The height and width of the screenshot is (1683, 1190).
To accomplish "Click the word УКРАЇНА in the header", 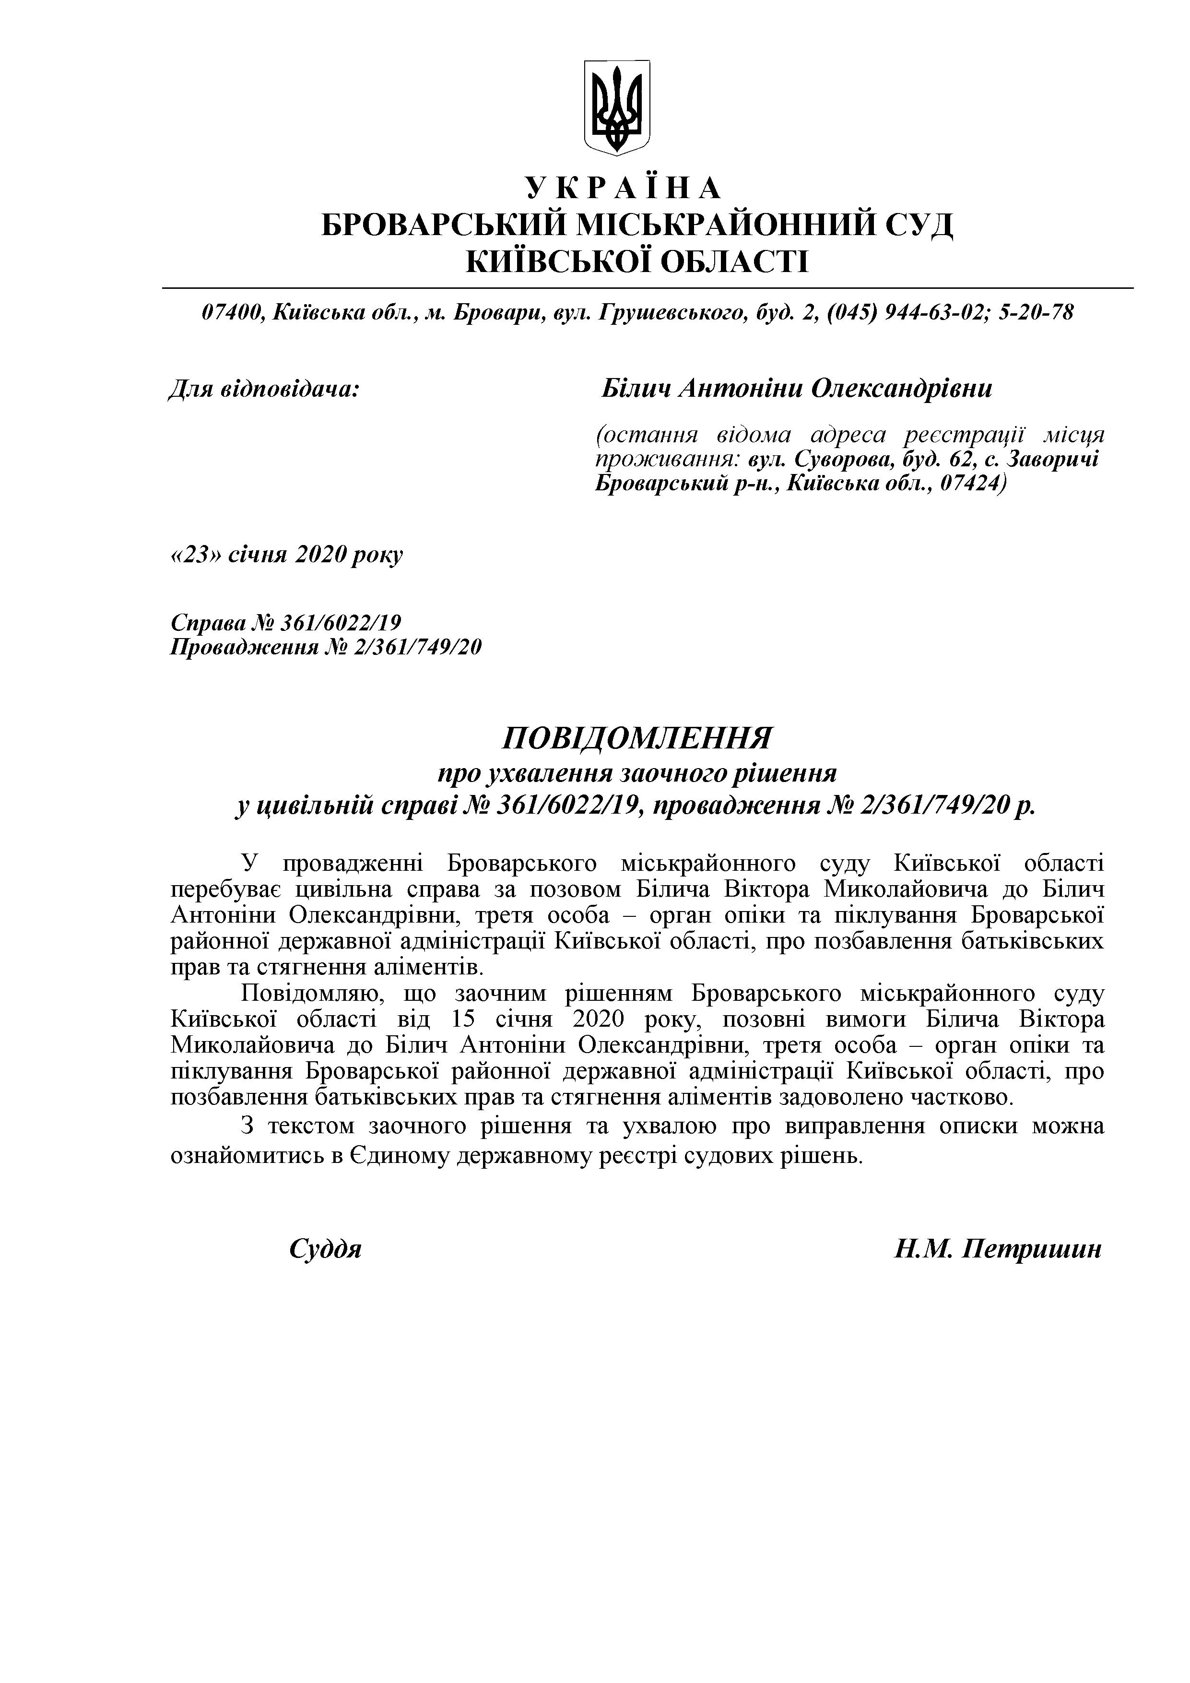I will [624, 189].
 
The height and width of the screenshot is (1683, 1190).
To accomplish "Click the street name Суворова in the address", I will [831, 460].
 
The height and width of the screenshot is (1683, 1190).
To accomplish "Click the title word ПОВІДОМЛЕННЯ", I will [637, 737].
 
